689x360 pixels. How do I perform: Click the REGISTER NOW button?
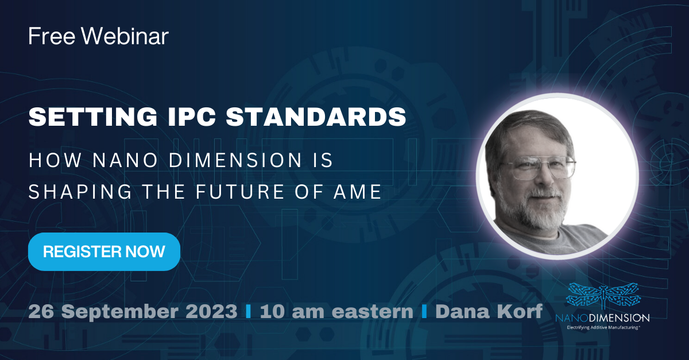pos(104,251)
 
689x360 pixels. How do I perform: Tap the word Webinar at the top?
pos(125,36)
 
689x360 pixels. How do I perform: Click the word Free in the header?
pos(52,36)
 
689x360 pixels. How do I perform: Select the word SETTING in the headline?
pos(93,117)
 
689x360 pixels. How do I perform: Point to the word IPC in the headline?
pos(191,117)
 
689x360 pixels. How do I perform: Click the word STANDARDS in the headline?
pos(316,117)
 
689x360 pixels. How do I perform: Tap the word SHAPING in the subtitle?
pos(80,191)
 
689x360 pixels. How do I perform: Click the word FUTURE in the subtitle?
pos(239,191)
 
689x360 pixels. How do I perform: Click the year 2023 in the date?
pos(211,311)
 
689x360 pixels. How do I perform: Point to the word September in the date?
pos(120,312)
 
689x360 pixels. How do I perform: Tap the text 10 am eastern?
pos(336,311)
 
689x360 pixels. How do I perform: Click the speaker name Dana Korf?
pos(489,311)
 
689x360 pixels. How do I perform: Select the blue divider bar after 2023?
pos(249,311)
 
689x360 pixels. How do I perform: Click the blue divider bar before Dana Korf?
pos(424,311)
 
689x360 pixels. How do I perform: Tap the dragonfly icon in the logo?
pos(603,295)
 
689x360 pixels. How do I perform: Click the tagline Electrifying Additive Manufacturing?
pos(603,327)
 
